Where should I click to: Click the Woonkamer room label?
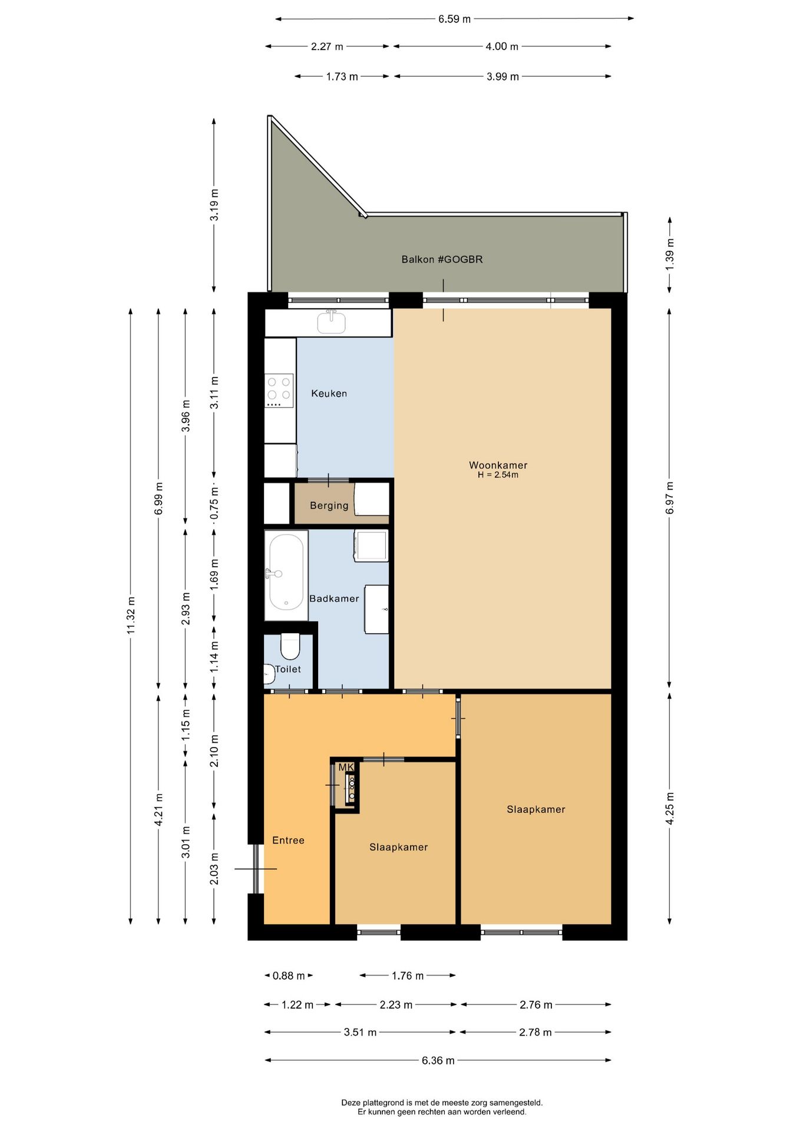pyautogui.click(x=498, y=465)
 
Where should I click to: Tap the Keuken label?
pyautogui.click(x=329, y=393)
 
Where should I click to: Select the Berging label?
pyautogui.click(x=329, y=505)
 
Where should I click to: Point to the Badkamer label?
pyautogui.click(x=334, y=598)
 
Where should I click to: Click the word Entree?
pyautogui.click(x=288, y=840)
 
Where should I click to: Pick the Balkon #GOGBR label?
pyautogui.click(x=442, y=259)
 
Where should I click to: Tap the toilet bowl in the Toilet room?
pyautogui.click(x=290, y=646)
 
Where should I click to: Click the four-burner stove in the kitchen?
pyautogui.click(x=279, y=390)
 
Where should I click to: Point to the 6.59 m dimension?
pyautogui.click(x=454, y=19)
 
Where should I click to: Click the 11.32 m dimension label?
pyautogui.click(x=131, y=616)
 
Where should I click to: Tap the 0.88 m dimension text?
pyautogui.click(x=289, y=975)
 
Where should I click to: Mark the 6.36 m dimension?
pyautogui.click(x=438, y=1060)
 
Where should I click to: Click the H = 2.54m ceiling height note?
pyautogui.click(x=498, y=475)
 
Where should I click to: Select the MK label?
pyautogui.click(x=346, y=767)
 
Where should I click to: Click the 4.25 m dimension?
pyautogui.click(x=670, y=809)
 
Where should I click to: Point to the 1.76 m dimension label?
pyautogui.click(x=408, y=975)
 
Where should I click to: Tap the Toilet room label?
pyautogui.click(x=288, y=669)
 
